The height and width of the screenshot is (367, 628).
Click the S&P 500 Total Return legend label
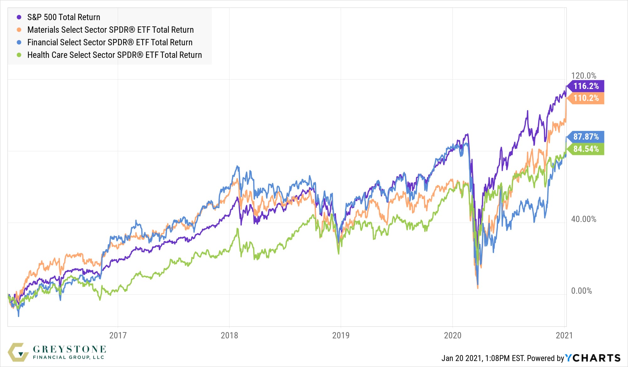click(63, 17)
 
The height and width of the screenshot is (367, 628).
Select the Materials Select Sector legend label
click(110, 30)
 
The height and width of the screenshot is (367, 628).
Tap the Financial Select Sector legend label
click(110, 42)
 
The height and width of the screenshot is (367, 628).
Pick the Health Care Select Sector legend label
click(114, 55)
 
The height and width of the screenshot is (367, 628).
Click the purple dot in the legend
click(19, 17)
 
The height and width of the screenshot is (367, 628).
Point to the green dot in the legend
click(19, 55)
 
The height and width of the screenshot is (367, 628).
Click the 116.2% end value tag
click(586, 86)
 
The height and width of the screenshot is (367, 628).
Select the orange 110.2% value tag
click(586, 98)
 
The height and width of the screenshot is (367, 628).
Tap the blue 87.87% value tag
click(586, 137)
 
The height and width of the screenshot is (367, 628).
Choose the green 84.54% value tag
click(586, 149)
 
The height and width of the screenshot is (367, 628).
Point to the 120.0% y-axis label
click(583, 75)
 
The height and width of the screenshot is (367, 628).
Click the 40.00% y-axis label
click(583, 219)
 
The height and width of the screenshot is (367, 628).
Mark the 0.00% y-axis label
click(581, 291)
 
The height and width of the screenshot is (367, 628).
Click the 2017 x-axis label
click(118, 335)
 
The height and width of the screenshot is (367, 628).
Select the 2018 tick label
click(229, 335)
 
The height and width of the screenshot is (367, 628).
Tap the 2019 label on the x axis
click(341, 335)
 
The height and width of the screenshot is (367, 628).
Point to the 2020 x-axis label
click(452, 335)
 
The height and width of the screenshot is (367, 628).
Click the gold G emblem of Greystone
click(18, 352)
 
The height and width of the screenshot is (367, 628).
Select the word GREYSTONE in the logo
click(69, 349)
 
